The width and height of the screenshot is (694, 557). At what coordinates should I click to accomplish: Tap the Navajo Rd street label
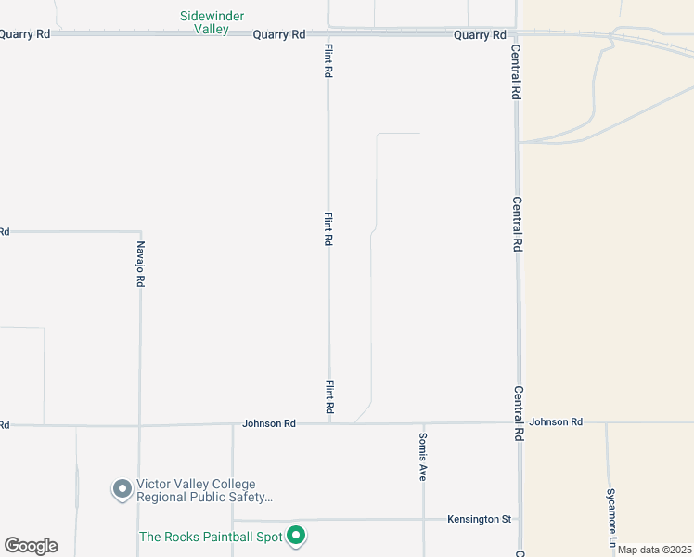click(141, 264)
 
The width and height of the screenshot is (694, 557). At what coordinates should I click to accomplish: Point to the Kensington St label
click(479, 519)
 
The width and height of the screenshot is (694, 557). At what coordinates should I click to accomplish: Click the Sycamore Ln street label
click(610, 516)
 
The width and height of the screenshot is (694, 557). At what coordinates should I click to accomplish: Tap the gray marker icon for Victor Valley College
click(122, 488)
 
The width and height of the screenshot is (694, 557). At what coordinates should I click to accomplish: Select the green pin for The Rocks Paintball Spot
click(296, 535)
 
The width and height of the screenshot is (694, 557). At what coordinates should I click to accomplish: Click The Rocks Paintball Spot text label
click(211, 537)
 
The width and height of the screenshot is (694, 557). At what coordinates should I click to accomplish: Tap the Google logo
click(32, 546)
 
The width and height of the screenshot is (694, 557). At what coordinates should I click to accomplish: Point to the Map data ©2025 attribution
click(655, 550)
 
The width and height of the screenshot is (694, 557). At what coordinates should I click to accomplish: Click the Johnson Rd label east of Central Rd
click(556, 422)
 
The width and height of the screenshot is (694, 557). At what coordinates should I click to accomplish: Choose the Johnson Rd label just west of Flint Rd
click(269, 423)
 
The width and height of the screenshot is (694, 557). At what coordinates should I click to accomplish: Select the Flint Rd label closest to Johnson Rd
click(329, 396)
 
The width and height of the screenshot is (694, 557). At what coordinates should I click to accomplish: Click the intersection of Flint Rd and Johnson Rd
click(329, 423)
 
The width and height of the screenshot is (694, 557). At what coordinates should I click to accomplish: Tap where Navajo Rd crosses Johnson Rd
click(139, 425)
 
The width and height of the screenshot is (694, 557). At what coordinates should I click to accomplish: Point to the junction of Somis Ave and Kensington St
click(424, 519)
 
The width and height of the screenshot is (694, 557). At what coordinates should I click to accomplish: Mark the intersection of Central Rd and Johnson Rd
click(518, 422)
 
